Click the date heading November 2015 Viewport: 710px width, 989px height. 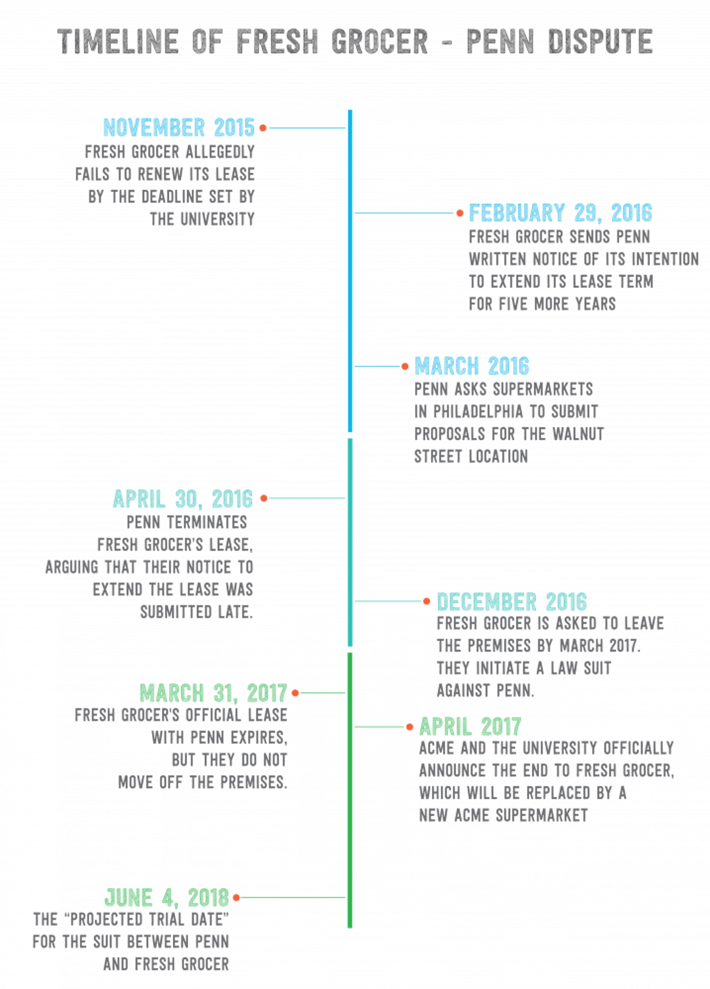coord(179,127)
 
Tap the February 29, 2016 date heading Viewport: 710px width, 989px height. coord(560,213)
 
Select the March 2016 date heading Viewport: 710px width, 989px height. coord(472,366)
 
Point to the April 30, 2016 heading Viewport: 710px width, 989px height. coord(183,499)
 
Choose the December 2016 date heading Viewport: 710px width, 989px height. coord(511,602)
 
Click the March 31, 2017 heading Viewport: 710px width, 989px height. coord(213,693)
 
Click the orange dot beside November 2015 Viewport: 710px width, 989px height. coord(263,128)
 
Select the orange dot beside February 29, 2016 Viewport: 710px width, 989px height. coord(460,213)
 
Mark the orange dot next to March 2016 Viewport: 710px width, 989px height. coord(405,366)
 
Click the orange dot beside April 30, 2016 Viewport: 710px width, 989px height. coord(263,498)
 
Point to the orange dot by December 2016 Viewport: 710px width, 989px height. coord(426,602)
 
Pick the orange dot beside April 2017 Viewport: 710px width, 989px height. coord(409,727)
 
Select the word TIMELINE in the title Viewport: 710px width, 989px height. coord(118,41)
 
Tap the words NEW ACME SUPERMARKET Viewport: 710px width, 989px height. coord(503,815)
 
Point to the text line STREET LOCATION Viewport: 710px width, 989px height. coord(471,456)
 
